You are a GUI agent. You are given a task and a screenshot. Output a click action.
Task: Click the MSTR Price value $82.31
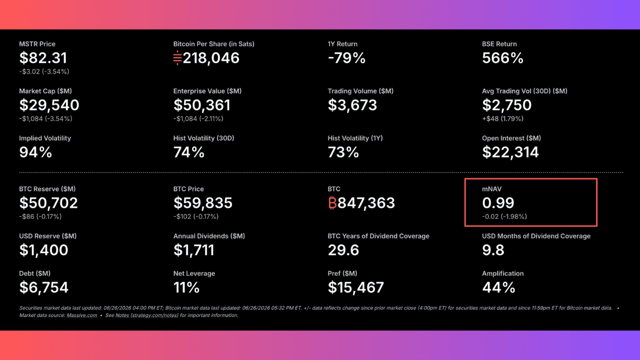43,58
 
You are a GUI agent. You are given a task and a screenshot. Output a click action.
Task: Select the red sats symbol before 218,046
178,58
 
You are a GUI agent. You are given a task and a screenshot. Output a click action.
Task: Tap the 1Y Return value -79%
347,58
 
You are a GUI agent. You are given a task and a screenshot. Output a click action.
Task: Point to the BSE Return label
499,44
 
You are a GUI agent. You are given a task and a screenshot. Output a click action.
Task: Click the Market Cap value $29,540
49,105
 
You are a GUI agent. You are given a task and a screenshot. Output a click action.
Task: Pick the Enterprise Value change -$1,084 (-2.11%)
198,119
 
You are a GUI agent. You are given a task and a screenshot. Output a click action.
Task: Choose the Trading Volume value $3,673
352,105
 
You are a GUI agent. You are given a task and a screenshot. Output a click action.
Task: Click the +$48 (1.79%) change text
503,119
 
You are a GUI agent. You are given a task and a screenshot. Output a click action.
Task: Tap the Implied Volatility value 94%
36,152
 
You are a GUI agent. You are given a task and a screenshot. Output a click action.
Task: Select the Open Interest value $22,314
510,152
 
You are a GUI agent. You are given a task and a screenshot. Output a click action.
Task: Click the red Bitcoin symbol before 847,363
332,202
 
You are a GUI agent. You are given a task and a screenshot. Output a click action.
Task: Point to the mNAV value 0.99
498,203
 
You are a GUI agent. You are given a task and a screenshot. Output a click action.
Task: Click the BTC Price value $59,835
203,203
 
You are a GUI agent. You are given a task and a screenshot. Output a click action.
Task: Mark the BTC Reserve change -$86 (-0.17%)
40,217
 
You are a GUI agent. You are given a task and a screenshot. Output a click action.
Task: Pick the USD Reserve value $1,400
44,250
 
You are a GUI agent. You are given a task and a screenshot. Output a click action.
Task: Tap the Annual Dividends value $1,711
193,250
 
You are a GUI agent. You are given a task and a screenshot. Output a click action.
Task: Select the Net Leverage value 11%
186,287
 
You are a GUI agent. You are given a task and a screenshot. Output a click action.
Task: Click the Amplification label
503,273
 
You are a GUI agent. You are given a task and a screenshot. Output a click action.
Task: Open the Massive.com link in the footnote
82,315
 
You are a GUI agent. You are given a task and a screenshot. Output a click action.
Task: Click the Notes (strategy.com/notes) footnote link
147,315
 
